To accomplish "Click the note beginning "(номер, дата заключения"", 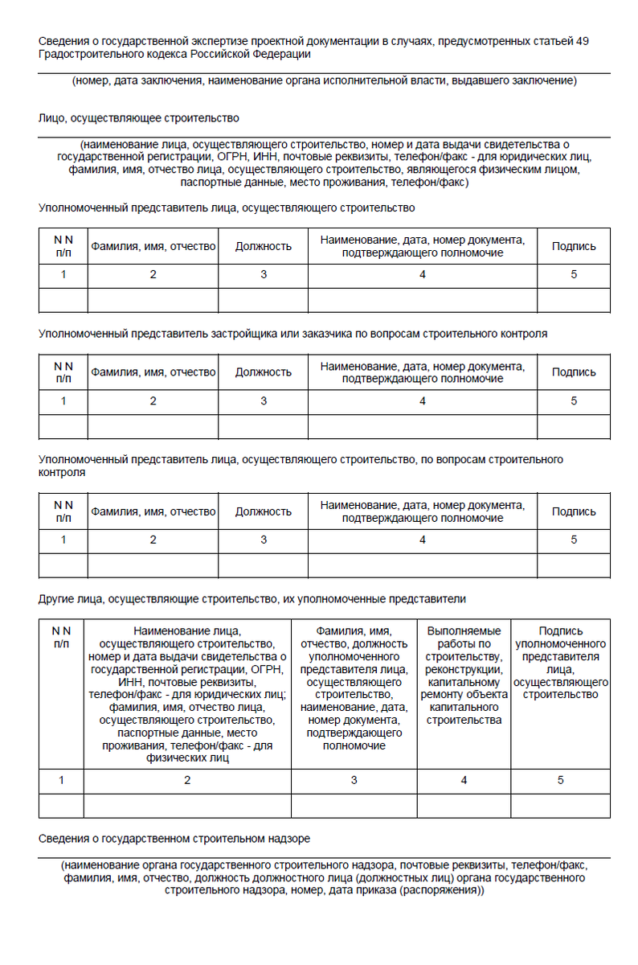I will [x=324, y=80].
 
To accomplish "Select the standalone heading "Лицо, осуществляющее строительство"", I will [x=139, y=118].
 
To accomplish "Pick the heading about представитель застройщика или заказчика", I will [x=292, y=334].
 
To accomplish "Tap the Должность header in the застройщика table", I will [x=263, y=372].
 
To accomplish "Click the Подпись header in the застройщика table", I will [x=574, y=372].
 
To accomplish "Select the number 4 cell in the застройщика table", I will [x=423, y=400].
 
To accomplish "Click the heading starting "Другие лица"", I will [x=252, y=599].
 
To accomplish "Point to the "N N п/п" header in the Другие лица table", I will [x=62, y=638].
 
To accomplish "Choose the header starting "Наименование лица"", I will [x=187, y=694].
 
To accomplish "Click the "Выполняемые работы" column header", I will [x=464, y=675].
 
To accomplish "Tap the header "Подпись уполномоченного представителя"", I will [x=561, y=663].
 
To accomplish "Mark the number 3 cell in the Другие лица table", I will [x=354, y=780].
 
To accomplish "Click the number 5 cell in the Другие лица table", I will [x=561, y=780].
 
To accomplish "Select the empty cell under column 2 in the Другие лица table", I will [x=187, y=805].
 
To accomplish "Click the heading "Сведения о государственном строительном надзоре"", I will [x=174, y=839].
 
